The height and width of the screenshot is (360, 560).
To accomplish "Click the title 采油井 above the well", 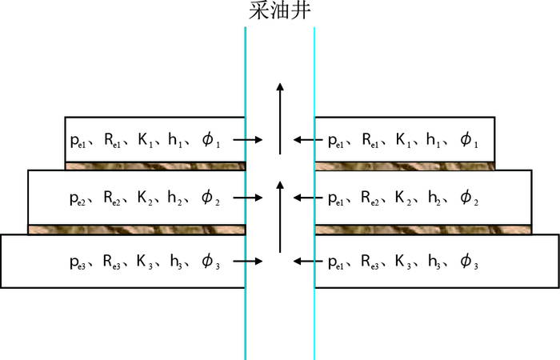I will tap(279, 12).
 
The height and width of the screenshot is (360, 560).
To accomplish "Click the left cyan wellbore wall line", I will tap(246, 320).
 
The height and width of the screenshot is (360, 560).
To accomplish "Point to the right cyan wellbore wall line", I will tap(314, 320).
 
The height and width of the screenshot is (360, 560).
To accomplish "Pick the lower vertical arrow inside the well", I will tap(279, 216).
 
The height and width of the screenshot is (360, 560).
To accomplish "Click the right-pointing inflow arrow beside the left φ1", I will tap(249, 140).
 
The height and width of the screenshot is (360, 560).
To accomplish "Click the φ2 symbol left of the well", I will tap(208, 198).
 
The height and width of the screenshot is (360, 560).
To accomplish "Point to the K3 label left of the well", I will tap(146, 262).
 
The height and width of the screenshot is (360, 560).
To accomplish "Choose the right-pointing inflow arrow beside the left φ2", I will tap(249, 197).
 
